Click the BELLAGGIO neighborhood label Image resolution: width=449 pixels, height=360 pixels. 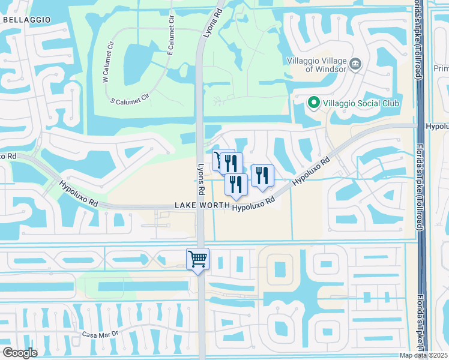26,20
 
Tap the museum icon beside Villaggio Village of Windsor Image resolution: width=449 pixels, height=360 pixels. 355,63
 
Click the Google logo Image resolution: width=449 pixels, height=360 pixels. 20,352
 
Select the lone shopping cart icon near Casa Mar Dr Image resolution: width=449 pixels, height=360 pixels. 197,260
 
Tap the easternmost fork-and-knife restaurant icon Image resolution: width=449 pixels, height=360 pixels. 262,175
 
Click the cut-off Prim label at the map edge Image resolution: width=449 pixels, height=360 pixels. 440,68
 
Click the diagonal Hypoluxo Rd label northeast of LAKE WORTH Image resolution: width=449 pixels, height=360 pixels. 312,172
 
